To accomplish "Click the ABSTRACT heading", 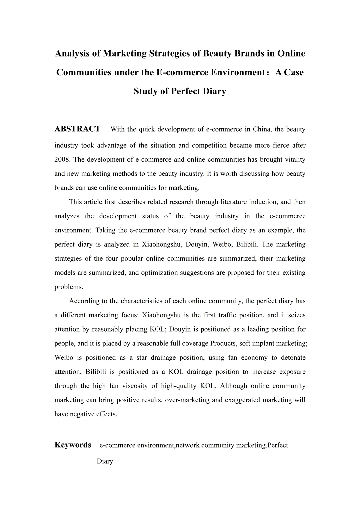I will [77, 129].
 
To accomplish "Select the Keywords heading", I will [73, 445].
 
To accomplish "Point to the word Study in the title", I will [146, 91].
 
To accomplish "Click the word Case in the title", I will [294, 72].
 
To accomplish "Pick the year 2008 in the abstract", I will [62, 159].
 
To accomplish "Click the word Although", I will [233, 386].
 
